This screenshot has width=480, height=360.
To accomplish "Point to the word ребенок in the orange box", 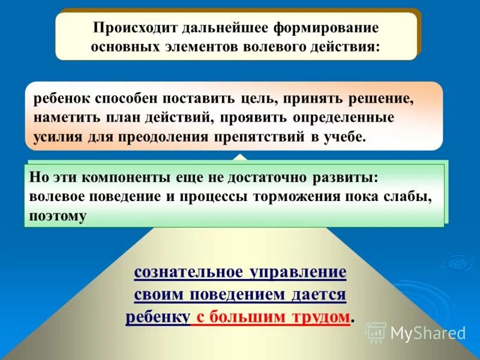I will click(x=59, y=98).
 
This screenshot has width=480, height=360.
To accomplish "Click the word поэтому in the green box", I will click(x=58, y=215).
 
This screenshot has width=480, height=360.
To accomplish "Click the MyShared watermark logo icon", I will click(x=376, y=332).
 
